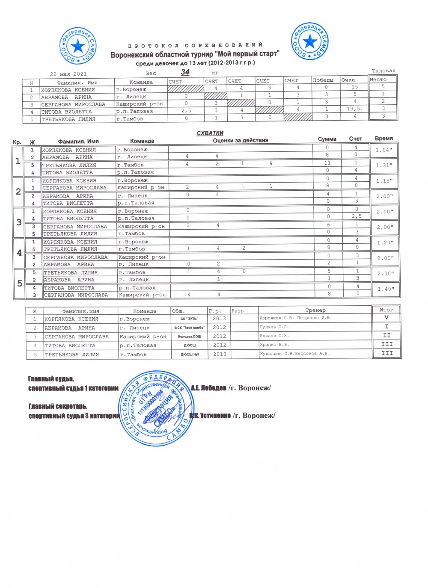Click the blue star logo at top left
[78, 45]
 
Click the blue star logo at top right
[310, 41]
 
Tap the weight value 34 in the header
[185, 72]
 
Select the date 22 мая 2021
[68, 74]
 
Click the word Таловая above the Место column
[383, 71]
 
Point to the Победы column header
[323, 80]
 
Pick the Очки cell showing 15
[354, 87]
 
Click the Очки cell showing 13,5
[355, 109]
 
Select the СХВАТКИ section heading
[210, 133]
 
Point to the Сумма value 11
[327, 163]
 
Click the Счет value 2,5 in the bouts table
[357, 216]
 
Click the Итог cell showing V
[386, 318]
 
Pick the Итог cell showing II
[386, 335]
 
